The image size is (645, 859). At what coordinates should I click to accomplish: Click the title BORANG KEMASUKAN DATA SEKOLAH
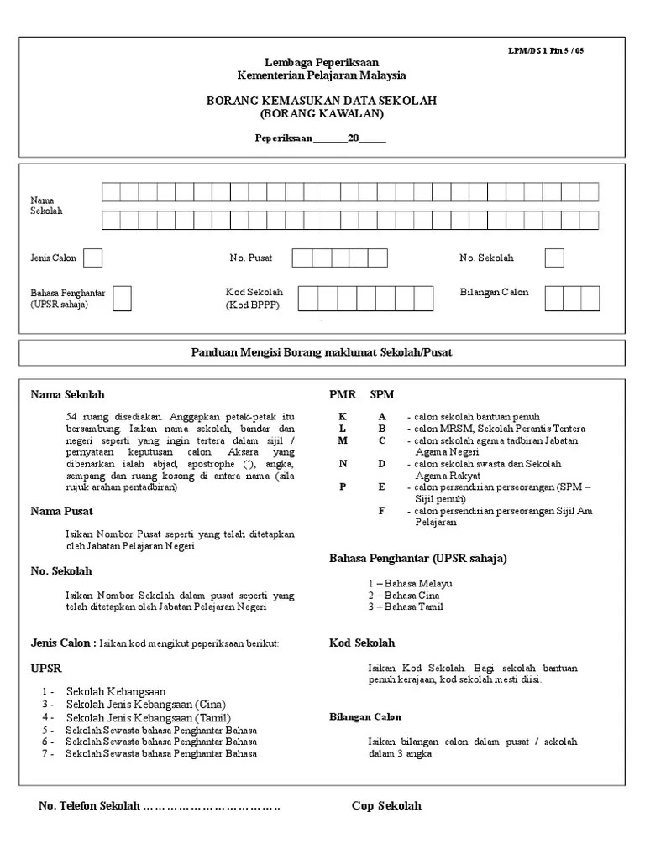pyautogui.click(x=322, y=101)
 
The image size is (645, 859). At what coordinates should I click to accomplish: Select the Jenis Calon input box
pyautogui.click(x=92, y=258)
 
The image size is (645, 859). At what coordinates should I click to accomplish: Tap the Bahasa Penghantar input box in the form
pyautogui.click(x=122, y=298)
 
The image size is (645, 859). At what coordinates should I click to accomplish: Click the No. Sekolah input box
pyautogui.click(x=553, y=258)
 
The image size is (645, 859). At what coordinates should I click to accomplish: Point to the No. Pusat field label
pyautogui.click(x=250, y=258)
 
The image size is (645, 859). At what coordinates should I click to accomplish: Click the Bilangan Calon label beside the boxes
pyautogui.click(x=494, y=292)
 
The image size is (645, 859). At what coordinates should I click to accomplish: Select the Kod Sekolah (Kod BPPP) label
pyautogui.click(x=254, y=299)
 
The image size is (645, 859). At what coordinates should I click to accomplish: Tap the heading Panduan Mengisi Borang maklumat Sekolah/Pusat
pyautogui.click(x=322, y=352)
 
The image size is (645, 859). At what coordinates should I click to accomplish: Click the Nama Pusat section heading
pyautogui.click(x=61, y=511)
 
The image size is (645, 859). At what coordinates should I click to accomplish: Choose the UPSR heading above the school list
pyautogui.click(x=46, y=668)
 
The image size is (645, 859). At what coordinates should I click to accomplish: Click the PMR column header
pyautogui.click(x=342, y=394)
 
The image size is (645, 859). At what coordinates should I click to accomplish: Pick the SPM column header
pyautogui.click(x=382, y=394)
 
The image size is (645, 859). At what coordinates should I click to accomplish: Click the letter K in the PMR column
pyautogui.click(x=342, y=416)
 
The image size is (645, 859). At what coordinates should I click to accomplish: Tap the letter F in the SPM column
pyautogui.click(x=382, y=510)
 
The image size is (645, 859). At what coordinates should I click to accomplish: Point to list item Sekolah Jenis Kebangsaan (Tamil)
pyautogui.click(x=147, y=718)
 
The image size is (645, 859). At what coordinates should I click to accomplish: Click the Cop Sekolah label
pyautogui.click(x=386, y=806)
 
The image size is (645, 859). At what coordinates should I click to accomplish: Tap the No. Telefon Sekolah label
pyautogui.click(x=89, y=806)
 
